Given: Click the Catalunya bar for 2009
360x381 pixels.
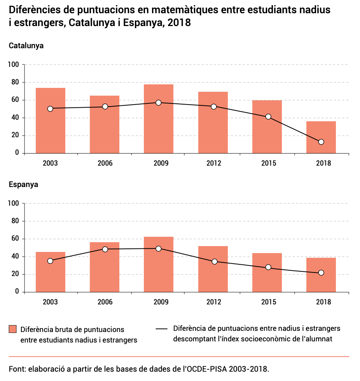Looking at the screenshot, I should (x=159, y=119).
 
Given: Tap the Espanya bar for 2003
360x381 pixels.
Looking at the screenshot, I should (x=51, y=272).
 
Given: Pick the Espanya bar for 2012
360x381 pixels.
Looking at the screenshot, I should (x=213, y=269).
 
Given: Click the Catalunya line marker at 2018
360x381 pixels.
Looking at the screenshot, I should (x=321, y=142).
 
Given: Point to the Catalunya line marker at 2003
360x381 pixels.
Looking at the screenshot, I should (x=50, y=109).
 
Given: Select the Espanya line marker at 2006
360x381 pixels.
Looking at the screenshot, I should (x=105, y=249).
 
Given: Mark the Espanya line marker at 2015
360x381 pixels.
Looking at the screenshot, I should (x=268, y=267).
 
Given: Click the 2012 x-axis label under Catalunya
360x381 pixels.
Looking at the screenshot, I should (x=213, y=163).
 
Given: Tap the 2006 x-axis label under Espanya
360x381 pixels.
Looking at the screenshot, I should (x=105, y=302).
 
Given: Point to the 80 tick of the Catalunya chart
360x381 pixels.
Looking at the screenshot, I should (x=14, y=82).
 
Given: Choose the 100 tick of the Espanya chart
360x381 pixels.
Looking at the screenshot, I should (x=13, y=203).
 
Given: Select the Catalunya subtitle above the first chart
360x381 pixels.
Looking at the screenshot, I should (x=26, y=45).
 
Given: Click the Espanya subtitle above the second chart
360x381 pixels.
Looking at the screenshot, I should (x=23, y=184).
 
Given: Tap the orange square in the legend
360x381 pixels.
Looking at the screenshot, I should (x=13, y=329).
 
